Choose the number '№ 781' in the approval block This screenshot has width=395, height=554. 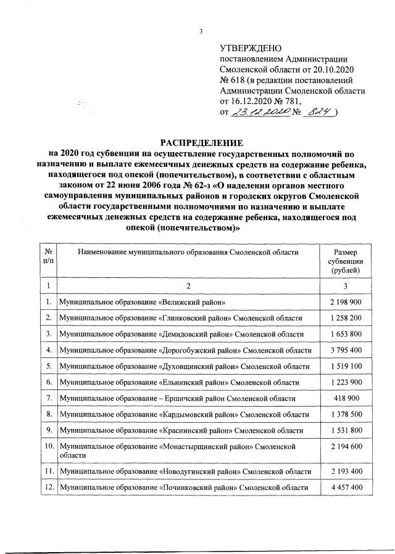(285, 100)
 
